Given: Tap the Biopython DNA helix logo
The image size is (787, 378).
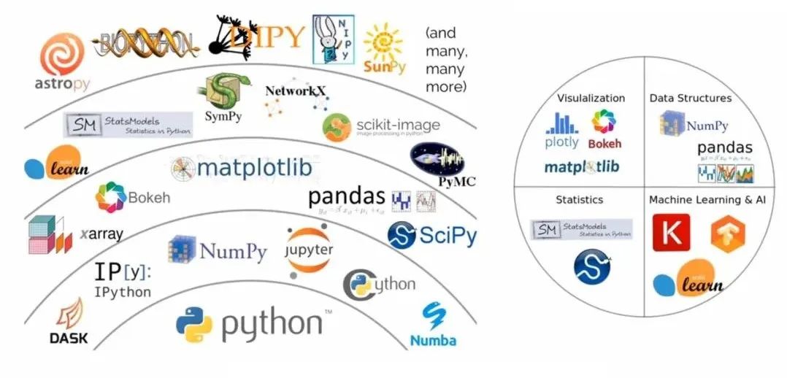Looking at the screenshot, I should pos(146,44).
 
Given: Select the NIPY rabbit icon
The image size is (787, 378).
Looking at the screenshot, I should pos(331,39).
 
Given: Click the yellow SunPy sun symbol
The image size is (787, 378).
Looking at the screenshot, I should pos(383,42).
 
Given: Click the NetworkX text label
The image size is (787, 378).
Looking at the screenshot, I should pos(295,90).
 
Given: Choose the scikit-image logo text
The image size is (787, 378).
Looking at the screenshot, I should pos(398,125).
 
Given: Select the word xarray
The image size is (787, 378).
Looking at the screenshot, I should pos(101,234).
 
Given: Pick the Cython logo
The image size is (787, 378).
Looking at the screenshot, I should pos(379,284).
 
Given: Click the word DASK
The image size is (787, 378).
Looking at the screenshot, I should pos(69,338).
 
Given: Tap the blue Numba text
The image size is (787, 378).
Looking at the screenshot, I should pos(433,340).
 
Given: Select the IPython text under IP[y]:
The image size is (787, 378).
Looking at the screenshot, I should pos(122,292).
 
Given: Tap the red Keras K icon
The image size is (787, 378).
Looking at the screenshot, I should pos(671,233).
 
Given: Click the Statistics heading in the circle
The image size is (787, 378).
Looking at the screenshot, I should pos(579,199).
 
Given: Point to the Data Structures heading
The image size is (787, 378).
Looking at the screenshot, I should pos(690,98).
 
